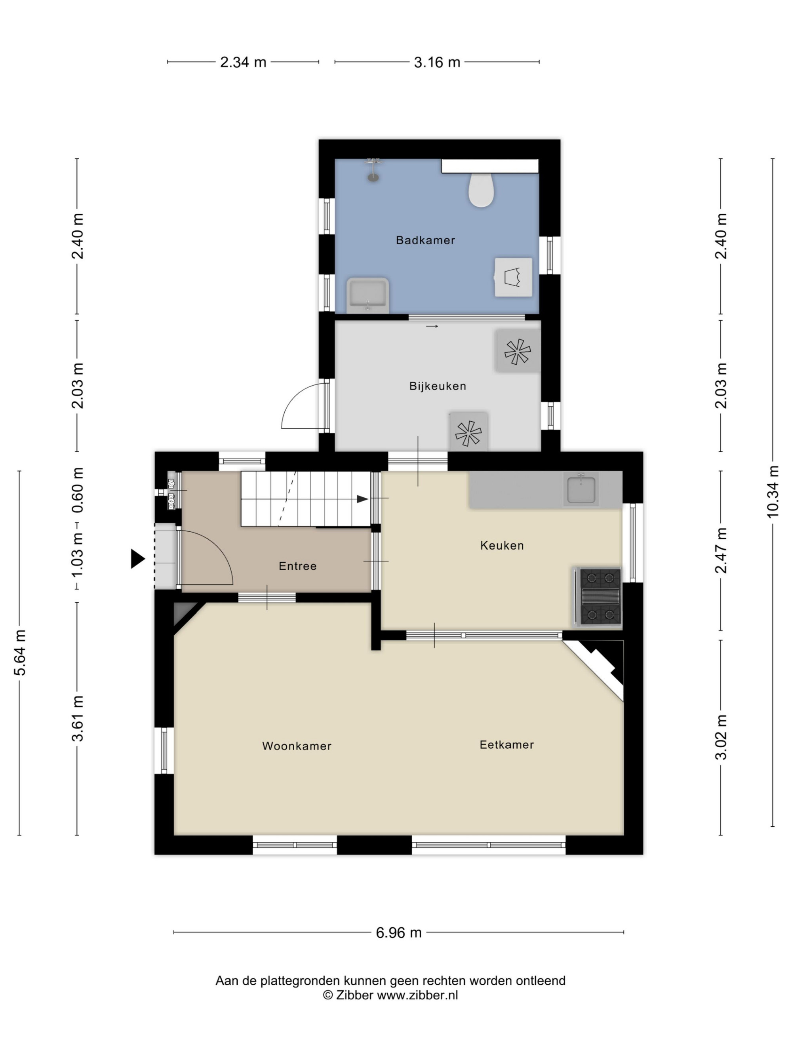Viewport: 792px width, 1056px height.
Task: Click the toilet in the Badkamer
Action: pos(481,190)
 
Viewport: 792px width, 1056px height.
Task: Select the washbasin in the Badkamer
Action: pos(367,295)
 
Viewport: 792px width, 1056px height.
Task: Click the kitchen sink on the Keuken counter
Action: pos(581,489)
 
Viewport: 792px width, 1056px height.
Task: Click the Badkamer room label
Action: pos(425,240)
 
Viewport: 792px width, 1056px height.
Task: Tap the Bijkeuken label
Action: pos(438,386)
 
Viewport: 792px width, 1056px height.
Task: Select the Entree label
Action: pos(298,566)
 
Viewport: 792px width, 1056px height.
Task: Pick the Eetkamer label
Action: pos(506,745)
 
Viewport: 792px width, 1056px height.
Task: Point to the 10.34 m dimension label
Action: pos(773,492)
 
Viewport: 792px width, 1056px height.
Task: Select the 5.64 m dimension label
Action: pos(19,653)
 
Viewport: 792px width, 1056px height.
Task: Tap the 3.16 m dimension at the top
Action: pos(437,62)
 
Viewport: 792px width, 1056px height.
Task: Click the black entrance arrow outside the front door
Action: pos(138,559)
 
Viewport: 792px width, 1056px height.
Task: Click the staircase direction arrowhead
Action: pos(363,499)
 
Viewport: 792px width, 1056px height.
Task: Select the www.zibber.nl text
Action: pos(417,995)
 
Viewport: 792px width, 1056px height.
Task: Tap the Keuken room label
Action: pos(502,546)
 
